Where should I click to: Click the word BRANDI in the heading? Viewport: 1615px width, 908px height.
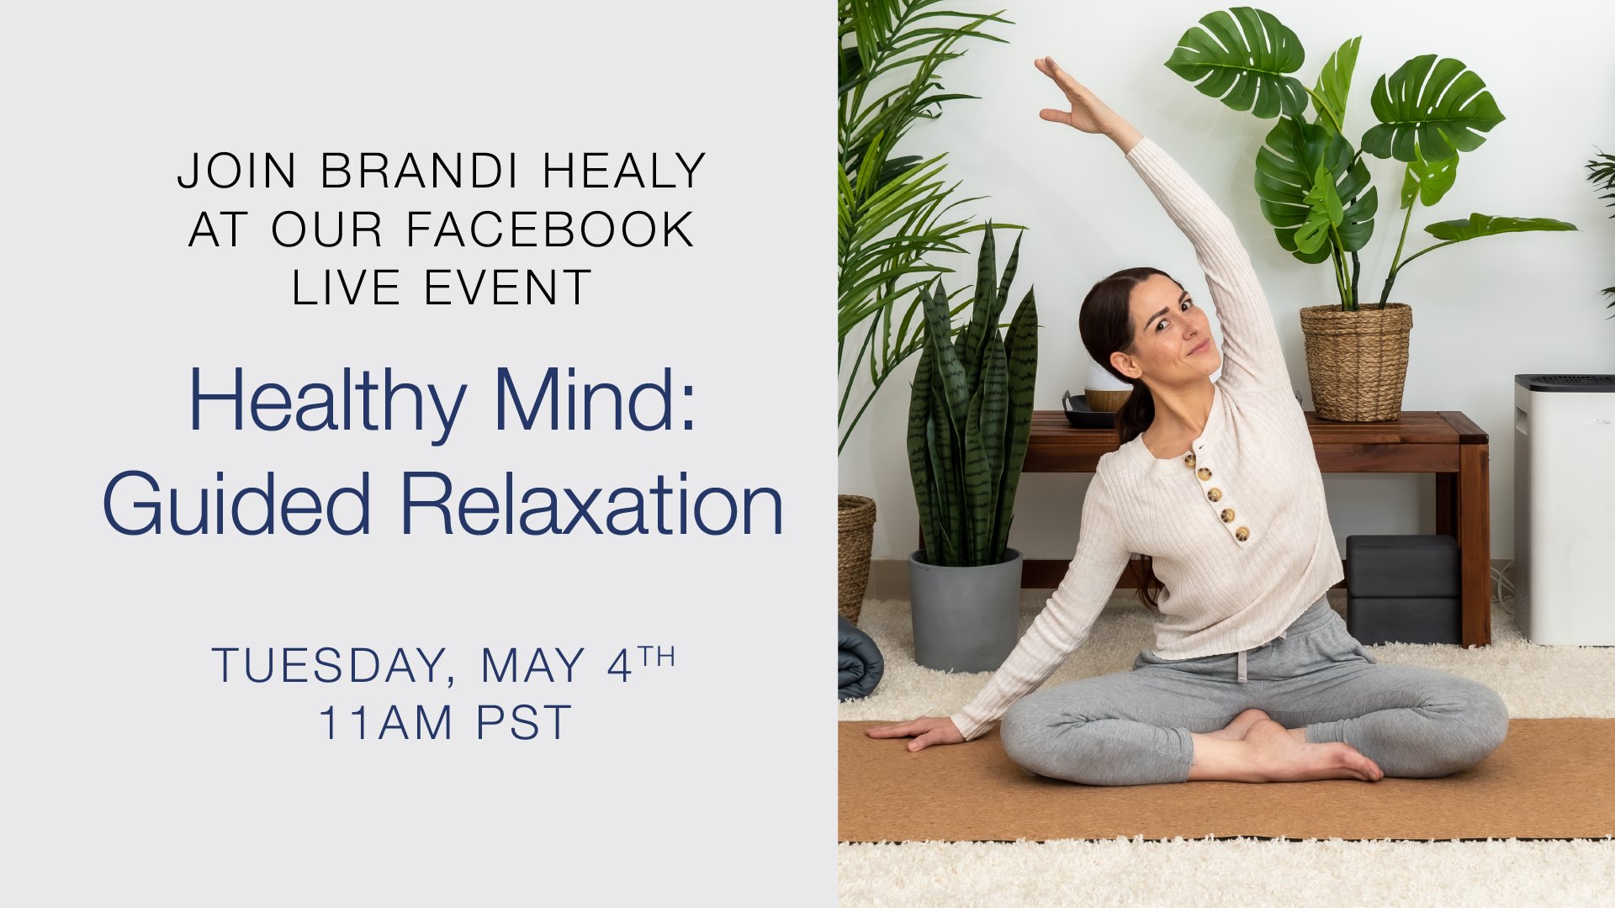point(419,171)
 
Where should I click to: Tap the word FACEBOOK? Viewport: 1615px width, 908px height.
point(550,229)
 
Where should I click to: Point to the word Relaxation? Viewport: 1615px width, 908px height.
point(591,504)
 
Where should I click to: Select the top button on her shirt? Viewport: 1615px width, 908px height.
point(1190,460)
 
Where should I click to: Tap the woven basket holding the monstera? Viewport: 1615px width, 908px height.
point(1356,362)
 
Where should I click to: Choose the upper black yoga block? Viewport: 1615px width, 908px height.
point(1403,566)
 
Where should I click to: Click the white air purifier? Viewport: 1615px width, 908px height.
point(1565,509)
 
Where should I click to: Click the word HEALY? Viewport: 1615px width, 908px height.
point(623,171)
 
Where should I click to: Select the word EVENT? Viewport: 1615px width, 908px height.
point(507,288)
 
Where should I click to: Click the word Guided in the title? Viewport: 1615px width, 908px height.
point(236,504)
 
